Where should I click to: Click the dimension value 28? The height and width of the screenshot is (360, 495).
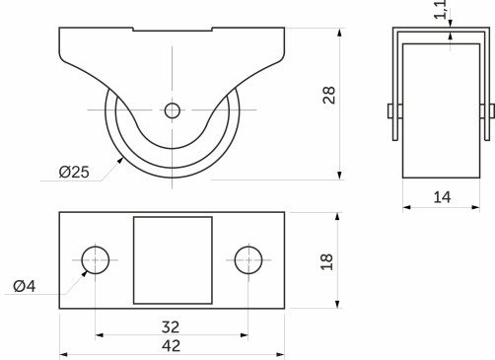click(x=329, y=95)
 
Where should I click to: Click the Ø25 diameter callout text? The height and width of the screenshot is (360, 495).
click(x=74, y=173)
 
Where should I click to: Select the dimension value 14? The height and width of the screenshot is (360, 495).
click(x=441, y=197)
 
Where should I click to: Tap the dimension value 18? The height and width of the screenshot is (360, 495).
click(x=329, y=261)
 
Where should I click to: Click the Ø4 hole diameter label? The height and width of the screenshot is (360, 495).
click(x=25, y=286)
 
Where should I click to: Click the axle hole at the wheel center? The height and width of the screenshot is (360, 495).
click(x=173, y=110)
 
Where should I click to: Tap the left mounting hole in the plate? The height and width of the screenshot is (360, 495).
click(x=96, y=260)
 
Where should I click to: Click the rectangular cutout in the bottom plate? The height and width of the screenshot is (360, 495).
click(x=173, y=260)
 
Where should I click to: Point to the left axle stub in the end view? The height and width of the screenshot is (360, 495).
click(x=390, y=120)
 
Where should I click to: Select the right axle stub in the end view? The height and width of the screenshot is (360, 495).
click(x=487, y=120)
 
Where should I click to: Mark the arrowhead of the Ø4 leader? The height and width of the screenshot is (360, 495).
click(x=87, y=271)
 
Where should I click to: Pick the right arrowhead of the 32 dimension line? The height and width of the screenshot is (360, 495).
click(x=244, y=334)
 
